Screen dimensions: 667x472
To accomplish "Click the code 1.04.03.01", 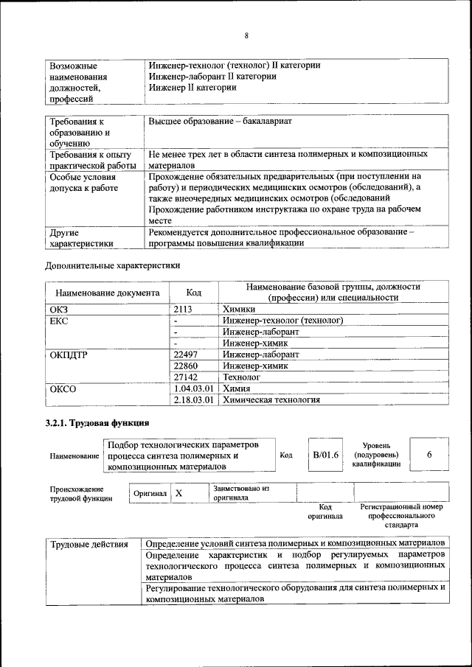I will pyautogui.click(x=193, y=388).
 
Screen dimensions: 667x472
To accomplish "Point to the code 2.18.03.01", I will pyautogui.click(x=193, y=399).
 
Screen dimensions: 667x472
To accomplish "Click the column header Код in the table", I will pyautogui.click(x=193, y=293).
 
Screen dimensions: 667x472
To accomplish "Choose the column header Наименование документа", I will pyautogui.click(x=107, y=293).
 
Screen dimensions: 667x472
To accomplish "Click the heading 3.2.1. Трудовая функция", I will pyautogui.click(x=97, y=423).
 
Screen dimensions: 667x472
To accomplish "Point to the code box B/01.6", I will pyautogui.click(x=325, y=455).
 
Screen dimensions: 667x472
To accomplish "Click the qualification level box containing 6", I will pyautogui.click(x=428, y=455).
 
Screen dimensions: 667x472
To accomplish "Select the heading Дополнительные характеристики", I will pyautogui.click(x=112, y=265).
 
